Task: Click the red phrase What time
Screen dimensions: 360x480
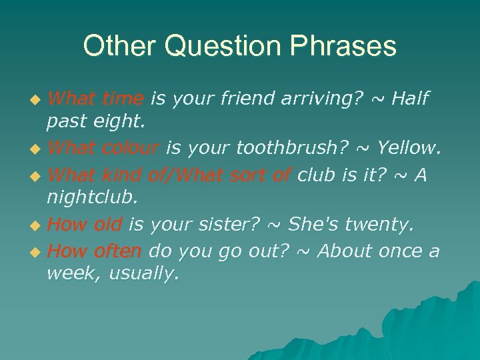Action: click(x=96, y=99)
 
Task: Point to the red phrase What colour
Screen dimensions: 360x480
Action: click(x=103, y=150)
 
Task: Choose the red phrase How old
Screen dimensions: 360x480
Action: click(x=85, y=226)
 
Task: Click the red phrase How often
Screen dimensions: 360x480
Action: click(x=95, y=251)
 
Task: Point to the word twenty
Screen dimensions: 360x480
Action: click(x=379, y=226)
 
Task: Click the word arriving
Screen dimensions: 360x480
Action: click(x=316, y=99)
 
